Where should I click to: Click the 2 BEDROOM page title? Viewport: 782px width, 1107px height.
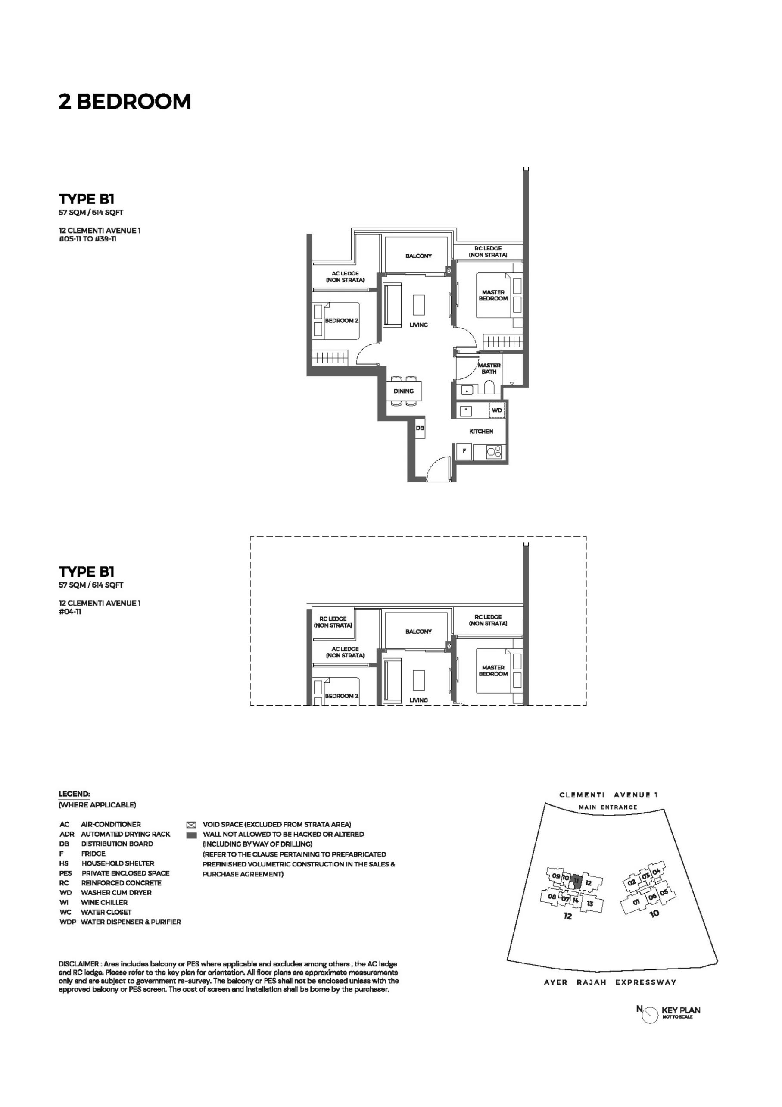tap(125, 102)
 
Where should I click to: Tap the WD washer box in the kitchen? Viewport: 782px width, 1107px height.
tap(497, 410)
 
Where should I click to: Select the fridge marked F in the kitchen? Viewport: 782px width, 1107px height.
tap(464, 451)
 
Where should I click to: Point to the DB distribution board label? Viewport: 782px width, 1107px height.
tap(420, 428)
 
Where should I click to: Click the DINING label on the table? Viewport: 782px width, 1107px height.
tap(403, 391)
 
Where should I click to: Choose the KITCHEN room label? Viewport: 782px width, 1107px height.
tap(481, 431)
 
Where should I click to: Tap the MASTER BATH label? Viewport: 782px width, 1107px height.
tap(489, 369)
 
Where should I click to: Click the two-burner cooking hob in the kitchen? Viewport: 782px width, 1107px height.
tap(494, 452)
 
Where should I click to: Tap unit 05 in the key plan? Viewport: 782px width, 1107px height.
tap(664, 892)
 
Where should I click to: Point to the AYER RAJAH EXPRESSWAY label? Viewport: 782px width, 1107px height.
tap(610, 982)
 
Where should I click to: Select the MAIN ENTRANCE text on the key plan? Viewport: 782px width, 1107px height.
tap(608, 807)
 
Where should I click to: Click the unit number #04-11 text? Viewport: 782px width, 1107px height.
tap(70, 612)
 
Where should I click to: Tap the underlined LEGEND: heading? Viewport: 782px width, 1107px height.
tap(74, 794)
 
